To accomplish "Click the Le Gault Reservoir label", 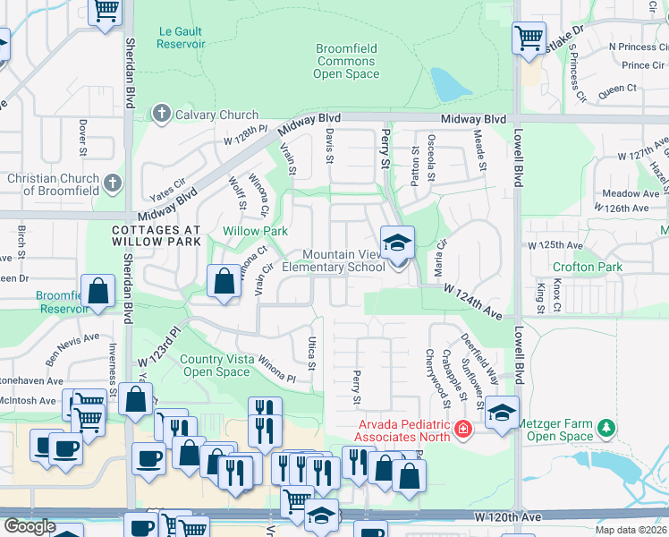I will point(181,37).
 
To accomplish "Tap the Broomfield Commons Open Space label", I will point(347,62).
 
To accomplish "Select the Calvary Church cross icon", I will point(161,114).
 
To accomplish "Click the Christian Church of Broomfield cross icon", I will point(112,183).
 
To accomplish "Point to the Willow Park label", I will point(255,231).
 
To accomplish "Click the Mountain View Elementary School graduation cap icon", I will point(397,241).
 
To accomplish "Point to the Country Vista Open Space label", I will point(216,366).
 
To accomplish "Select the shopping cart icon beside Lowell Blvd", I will point(529,38).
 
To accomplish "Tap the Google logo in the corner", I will point(29,525).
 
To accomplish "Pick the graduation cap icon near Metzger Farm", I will point(503,413).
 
